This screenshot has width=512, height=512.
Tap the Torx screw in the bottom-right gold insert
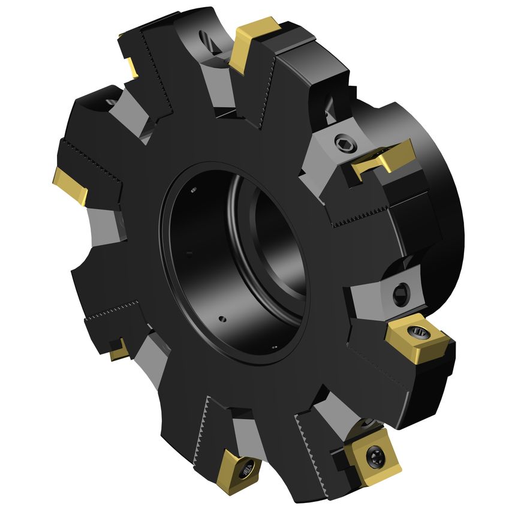pyautogui.click(x=374, y=456)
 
